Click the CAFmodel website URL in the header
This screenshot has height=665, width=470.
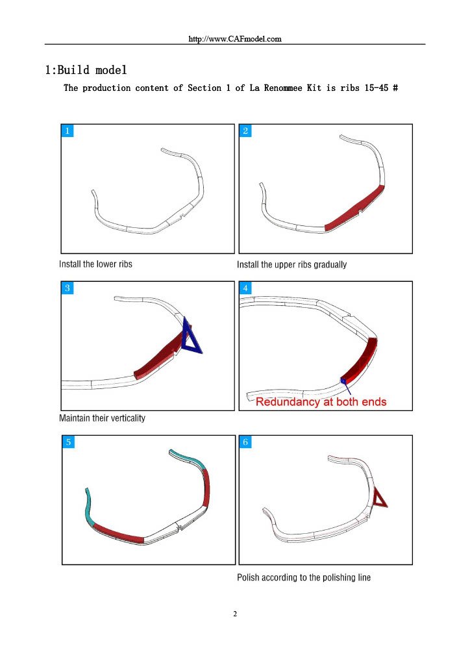tap(235, 38)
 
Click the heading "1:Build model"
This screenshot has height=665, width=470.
tap(86, 69)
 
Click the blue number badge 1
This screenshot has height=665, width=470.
tap(68, 131)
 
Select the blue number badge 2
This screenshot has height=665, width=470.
tap(245, 131)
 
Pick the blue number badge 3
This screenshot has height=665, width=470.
tap(68, 288)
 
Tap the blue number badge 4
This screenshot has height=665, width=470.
tap(245, 288)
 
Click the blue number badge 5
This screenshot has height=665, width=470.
tap(68, 442)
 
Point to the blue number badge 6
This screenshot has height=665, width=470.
tap(245, 442)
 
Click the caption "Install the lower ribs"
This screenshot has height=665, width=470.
tap(96, 264)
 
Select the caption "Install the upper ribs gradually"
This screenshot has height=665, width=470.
tap(292, 265)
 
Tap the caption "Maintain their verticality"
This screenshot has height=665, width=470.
tap(102, 418)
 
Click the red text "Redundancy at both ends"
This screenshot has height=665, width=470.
tap(321, 401)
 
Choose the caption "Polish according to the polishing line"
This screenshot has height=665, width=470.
tap(304, 577)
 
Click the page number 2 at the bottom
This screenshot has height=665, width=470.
tap(235, 614)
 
